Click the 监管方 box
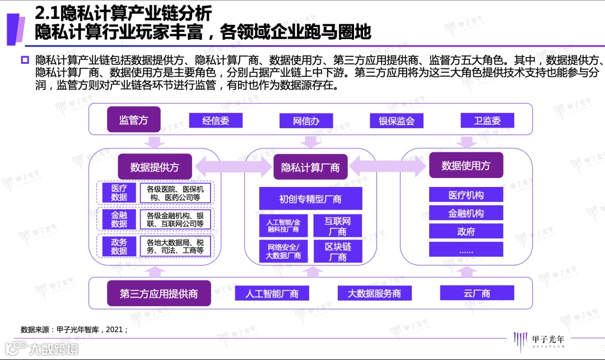134,120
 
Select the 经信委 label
216,120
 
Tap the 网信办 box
306,121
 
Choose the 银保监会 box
397,121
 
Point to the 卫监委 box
487,120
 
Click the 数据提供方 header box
153,167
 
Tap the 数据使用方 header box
466,165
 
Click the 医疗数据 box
119,193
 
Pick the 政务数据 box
119,246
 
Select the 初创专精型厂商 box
310,199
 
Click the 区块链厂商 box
338,252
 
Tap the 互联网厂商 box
338,226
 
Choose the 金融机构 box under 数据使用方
466,213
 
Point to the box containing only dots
466,250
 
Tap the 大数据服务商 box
374,293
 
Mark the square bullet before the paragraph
25,60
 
